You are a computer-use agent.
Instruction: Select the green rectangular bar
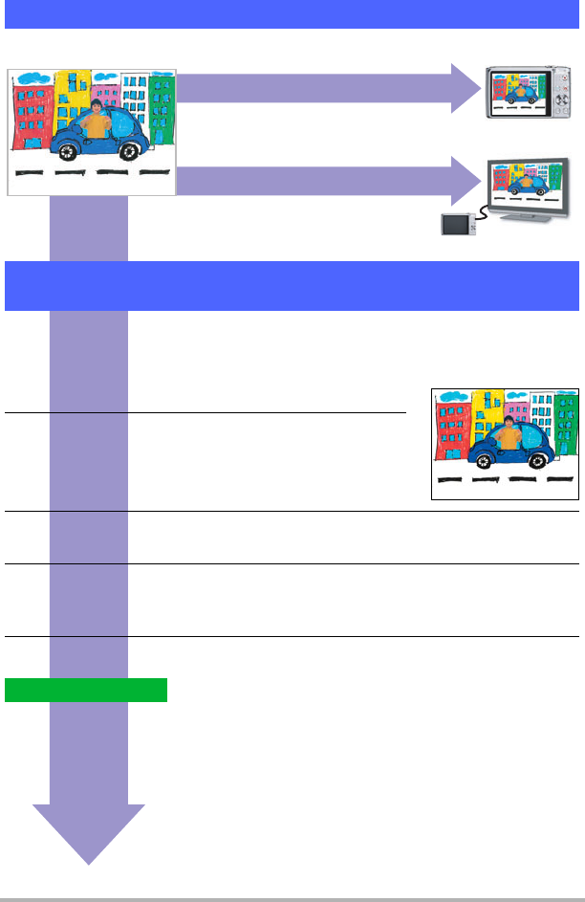pyautogui.click(x=86, y=690)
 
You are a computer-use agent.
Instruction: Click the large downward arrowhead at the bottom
pyautogui.click(x=89, y=832)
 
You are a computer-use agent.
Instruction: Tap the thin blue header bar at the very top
pyautogui.click(x=292, y=14)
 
